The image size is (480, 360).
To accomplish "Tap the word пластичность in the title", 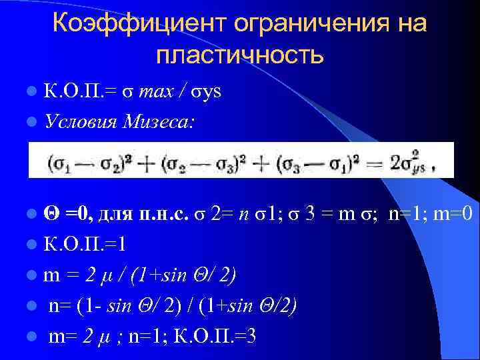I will click(239, 55).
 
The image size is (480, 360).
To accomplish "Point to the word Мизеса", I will click(159, 121).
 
